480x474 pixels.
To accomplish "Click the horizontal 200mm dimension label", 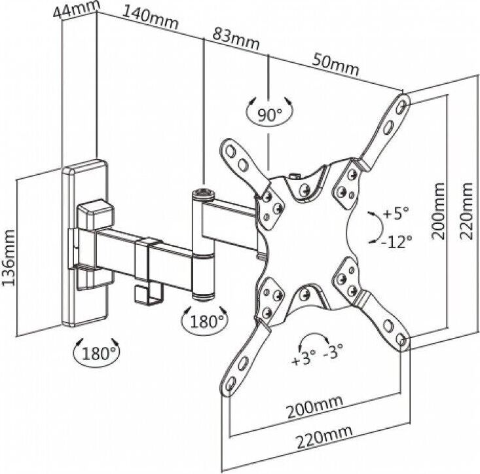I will (x=311, y=409).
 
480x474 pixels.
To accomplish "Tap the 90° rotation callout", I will (x=268, y=115).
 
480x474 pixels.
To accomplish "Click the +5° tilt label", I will (x=396, y=213).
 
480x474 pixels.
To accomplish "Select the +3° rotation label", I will (x=305, y=359).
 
